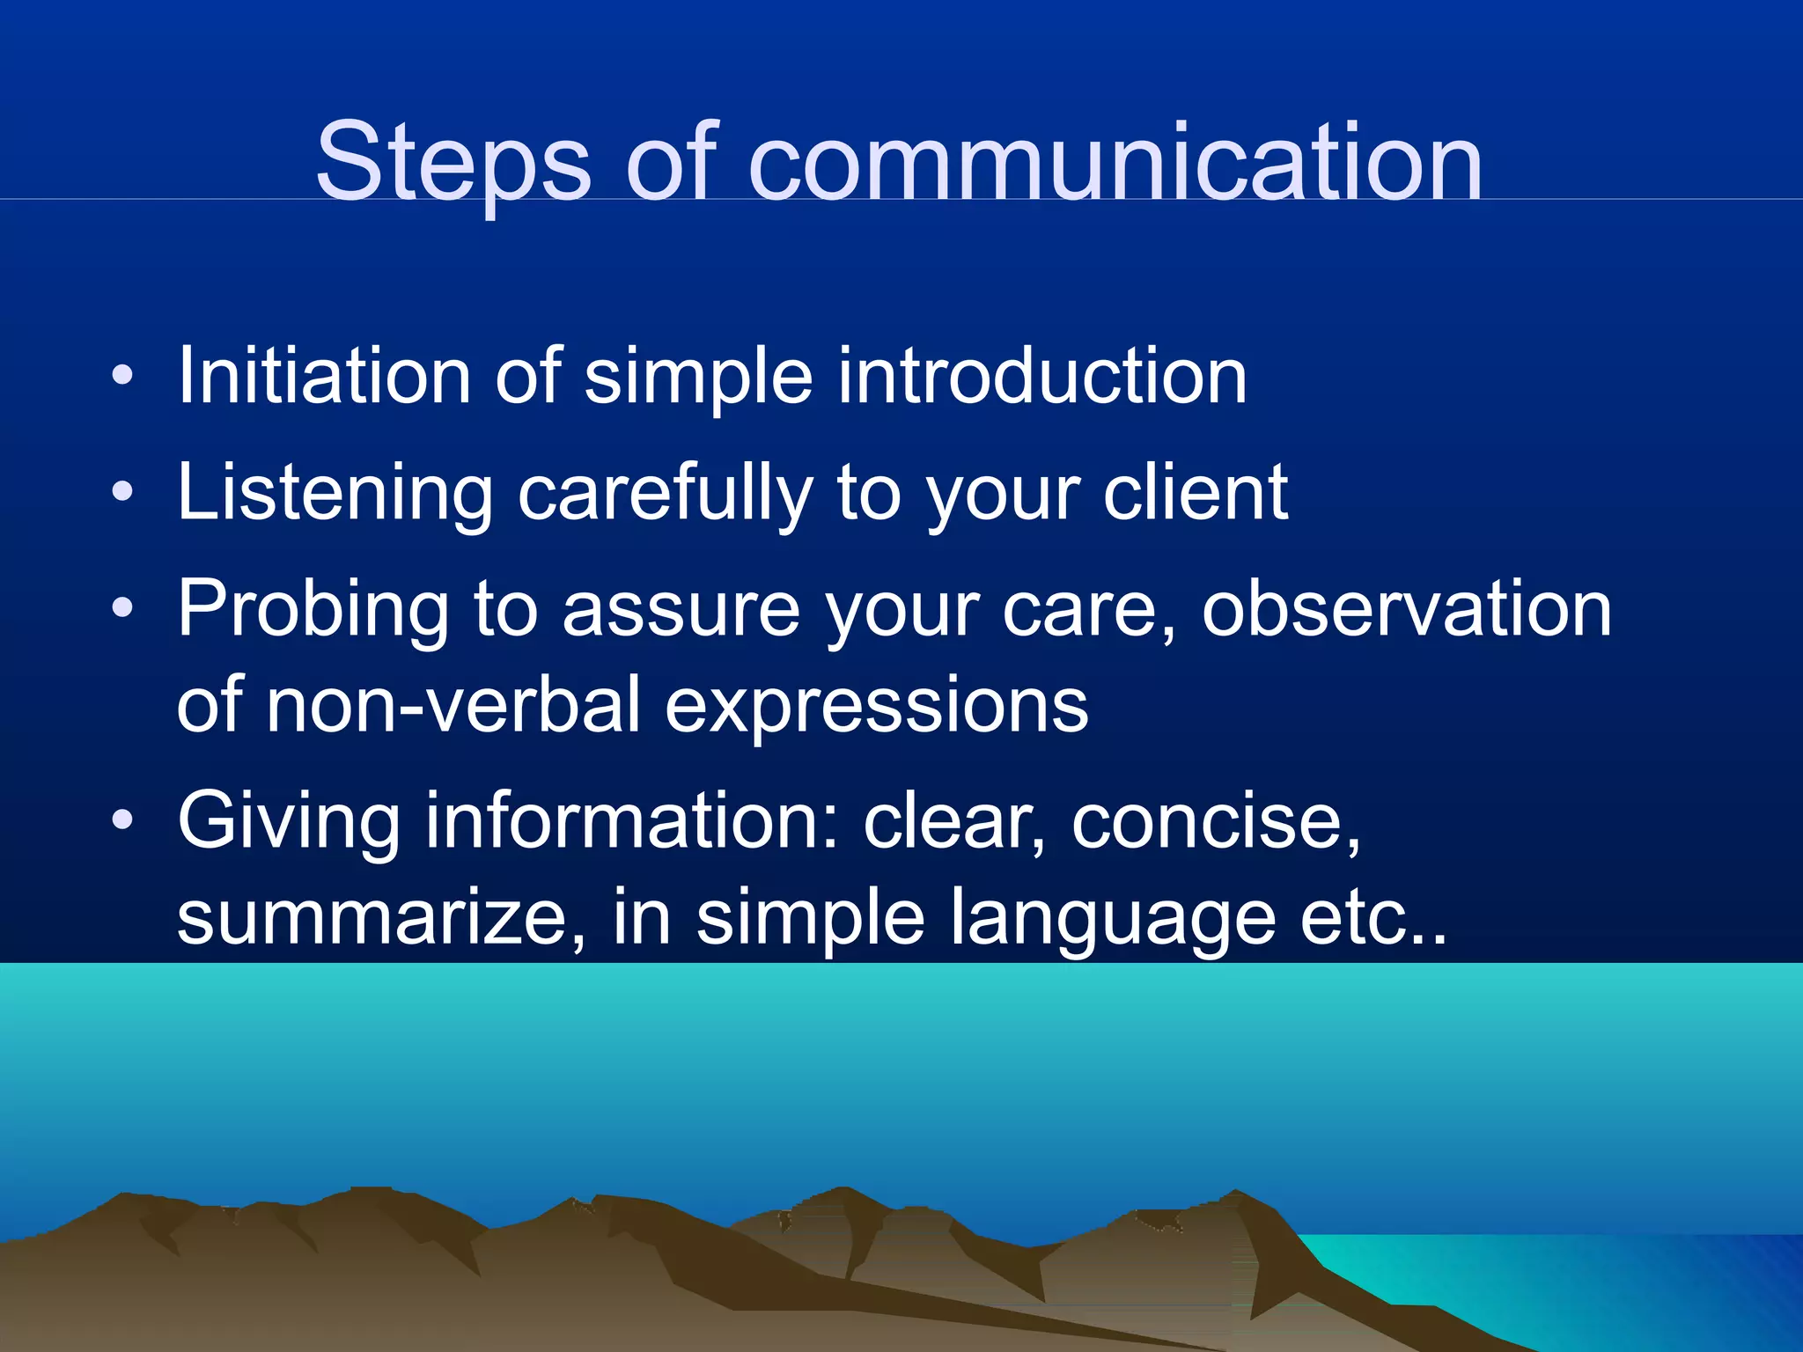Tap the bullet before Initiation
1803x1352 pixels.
point(122,377)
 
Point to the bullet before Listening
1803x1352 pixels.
point(122,492)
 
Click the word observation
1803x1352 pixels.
point(1406,609)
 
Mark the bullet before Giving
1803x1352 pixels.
point(122,820)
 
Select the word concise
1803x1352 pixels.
point(1215,820)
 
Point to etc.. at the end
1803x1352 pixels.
point(1373,917)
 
